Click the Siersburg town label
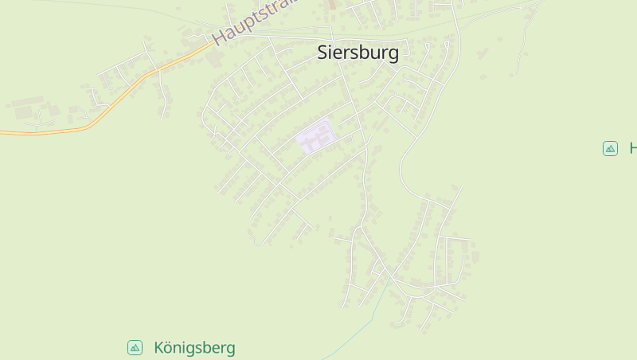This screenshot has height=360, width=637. coord(358,53)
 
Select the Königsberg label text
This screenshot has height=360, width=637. coord(194,348)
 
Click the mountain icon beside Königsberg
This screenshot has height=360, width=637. coord(135,347)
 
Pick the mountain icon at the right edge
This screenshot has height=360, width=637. coord(610,148)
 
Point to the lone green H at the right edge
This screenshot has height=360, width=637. coord(633,148)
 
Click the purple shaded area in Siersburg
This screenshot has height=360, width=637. coord(315,137)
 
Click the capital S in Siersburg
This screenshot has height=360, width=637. coord(322,53)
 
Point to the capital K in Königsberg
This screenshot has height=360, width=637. coord(159,348)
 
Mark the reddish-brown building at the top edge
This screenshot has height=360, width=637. coord(332,4)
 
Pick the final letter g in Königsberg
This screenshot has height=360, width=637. coord(230,350)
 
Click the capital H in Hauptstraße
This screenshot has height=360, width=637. coord(219,37)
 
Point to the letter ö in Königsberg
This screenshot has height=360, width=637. coord(168,348)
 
